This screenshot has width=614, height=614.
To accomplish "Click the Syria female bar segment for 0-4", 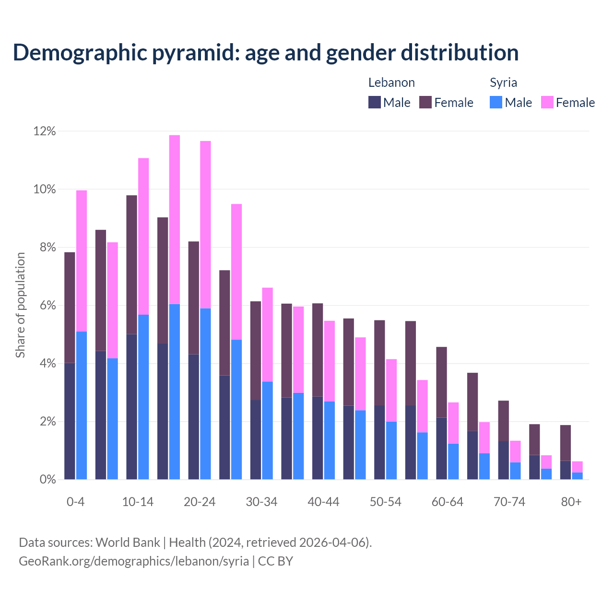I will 82,260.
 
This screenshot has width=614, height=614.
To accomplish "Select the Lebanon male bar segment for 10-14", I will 132,407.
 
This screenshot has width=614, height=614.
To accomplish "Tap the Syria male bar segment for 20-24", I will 205,394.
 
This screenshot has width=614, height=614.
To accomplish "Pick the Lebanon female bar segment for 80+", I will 566,443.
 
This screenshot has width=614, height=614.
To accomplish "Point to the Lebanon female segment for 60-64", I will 441,382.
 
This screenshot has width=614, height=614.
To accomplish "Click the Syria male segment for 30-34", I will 267,430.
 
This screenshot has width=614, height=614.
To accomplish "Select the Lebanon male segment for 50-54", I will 379,442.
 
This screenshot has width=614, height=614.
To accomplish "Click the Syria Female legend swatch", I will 547,102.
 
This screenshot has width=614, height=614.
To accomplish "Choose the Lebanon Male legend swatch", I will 375,102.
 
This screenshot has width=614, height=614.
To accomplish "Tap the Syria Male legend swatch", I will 496,102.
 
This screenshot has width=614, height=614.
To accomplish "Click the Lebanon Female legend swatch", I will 425,102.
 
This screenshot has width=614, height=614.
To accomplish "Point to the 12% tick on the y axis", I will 45,131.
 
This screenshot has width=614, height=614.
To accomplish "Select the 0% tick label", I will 47,480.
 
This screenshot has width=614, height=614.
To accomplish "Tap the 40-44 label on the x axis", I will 323,502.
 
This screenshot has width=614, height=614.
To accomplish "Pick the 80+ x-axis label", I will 571,502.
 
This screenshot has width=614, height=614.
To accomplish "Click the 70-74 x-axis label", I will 509,502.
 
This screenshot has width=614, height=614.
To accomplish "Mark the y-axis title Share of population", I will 20,305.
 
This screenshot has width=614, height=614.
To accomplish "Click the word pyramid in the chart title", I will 195,53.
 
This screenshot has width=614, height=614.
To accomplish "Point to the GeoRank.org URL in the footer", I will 134,561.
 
